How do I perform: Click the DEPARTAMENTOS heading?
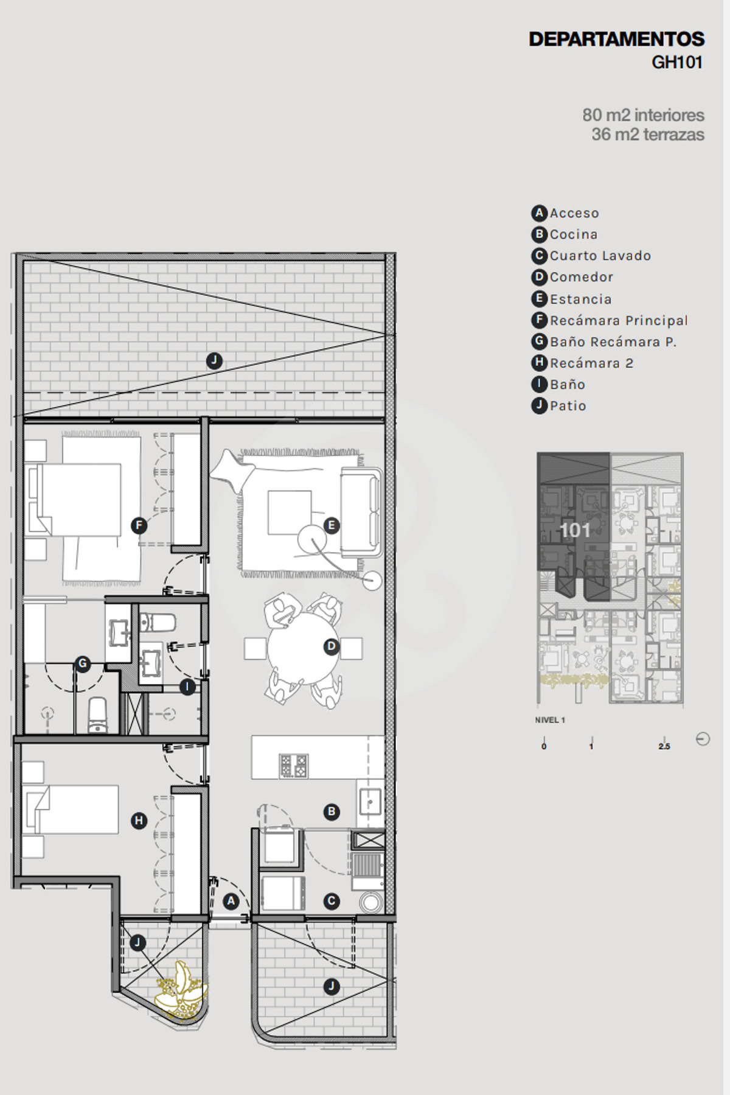click(x=616, y=39)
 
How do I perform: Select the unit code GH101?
click(x=677, y=62)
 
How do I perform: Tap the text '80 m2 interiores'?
click(x=643, y=115)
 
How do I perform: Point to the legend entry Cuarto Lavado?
click(x=591, y=256)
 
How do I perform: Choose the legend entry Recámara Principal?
click(x=610, y=320)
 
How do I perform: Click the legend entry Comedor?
click(x=572, y=277)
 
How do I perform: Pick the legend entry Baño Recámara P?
click(x=604, y=341)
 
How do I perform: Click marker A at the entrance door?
click(x=231, y=901)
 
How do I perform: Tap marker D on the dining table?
click(x=332, y=646)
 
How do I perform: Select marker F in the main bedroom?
click(x=139, y=525)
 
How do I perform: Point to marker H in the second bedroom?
click(x=139, y=820)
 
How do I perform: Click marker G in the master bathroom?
click(x=83, y=664)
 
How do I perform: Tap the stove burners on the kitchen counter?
click(x=294, y=766)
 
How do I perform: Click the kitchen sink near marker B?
click(x=370, y=801)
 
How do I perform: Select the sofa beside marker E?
click(x=361, y=512)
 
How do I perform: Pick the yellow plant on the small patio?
click(x=182, y=991)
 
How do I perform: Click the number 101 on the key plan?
click(x=575, y=530)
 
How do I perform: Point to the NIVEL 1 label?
click(x=550, y=720)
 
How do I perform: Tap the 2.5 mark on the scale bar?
click(x=664, y=746)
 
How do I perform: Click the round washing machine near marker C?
click(x=370, y=902)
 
